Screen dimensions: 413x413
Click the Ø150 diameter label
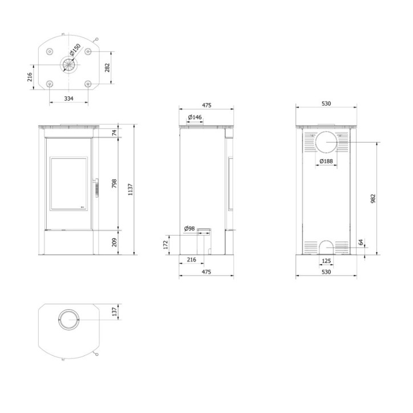[x=75, y=50]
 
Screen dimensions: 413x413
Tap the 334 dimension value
[x=69, y=99]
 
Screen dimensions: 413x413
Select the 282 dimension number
[x=107, y=68]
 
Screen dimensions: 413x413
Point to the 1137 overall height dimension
[x=131, y=189]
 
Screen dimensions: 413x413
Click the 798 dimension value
[x=114, y=183]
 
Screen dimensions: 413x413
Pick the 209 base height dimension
[x=114, y=242]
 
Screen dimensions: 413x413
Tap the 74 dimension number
[x=114, y=133]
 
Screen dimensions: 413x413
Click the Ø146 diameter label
[x=195, y=117]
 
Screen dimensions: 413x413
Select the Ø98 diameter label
[x=189, y=228]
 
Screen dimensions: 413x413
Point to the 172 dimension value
[x=165, y=245]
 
